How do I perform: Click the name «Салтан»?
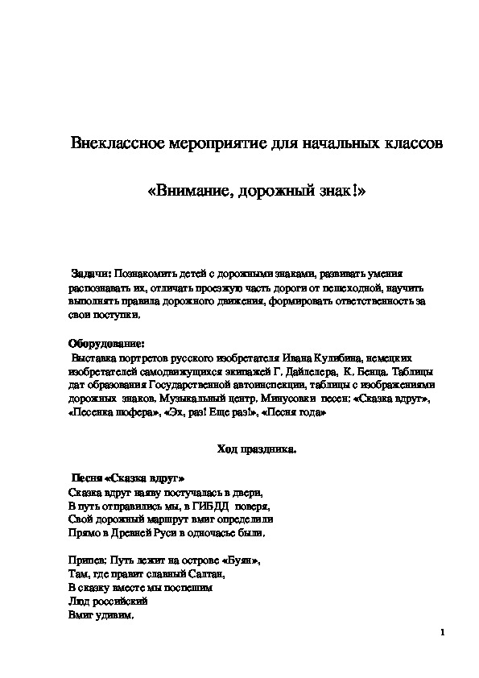[207, 575]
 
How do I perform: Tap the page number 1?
[443, 632]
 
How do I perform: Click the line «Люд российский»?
[101, 602]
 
